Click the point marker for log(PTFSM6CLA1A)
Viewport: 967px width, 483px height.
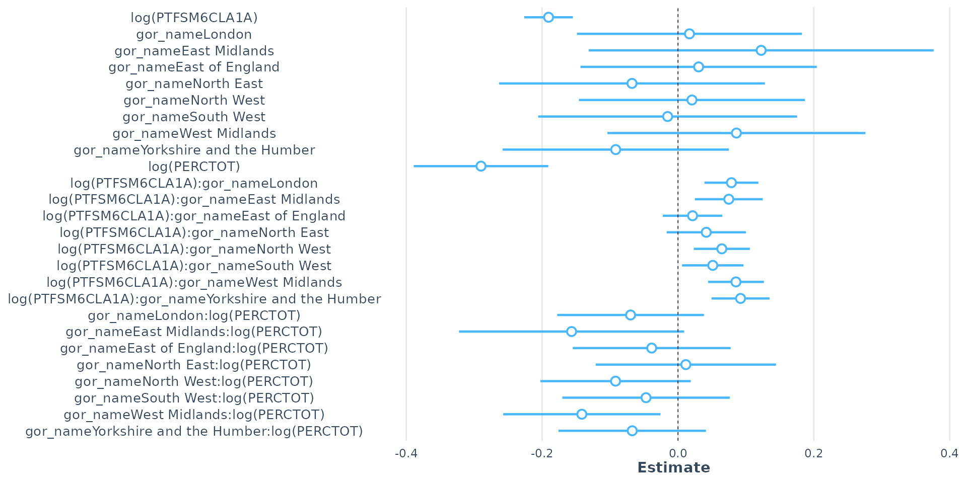tap(548, 18)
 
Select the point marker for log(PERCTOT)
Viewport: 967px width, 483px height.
tap(481, 167)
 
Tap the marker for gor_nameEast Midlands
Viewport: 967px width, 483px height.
tap(761, 50)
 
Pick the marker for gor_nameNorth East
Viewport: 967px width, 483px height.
tap(632, 84)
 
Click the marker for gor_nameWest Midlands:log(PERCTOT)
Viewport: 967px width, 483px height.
tap(582, 415)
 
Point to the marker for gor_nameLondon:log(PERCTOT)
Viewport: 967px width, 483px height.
tap(631, 315)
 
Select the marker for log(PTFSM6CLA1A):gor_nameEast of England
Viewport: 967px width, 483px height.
tap(693, 216)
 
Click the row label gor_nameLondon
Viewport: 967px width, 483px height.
tap(194, 34)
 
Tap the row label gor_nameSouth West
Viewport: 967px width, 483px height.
tap(194, 117)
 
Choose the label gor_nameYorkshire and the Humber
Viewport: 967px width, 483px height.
tap(194, 150)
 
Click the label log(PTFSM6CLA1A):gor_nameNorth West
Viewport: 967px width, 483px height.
tap(194, 249)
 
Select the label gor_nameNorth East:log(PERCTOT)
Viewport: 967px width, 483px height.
tap(194, 365)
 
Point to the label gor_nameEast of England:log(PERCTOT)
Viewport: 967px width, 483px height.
tap(194, 348)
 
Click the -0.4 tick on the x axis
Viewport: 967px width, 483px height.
tap(406, 454)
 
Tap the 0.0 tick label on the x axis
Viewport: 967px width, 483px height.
tap(678, 454)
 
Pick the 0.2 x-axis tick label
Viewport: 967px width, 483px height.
tap(813, 454)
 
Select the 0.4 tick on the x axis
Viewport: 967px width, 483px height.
tap(949, 454)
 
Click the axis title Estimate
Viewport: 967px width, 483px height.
tap(674, 468)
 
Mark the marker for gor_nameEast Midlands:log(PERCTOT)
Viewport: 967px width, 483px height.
tap(571, 332)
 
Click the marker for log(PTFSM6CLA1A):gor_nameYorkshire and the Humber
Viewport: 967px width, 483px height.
tap(740, 299)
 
